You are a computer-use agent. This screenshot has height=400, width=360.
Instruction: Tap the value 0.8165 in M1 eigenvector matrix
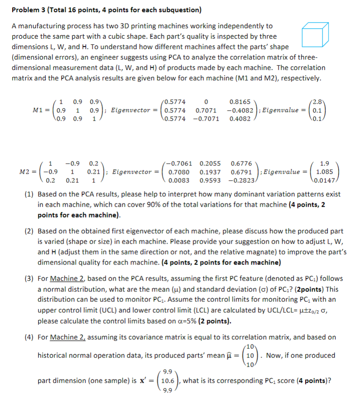[x=240, y=102]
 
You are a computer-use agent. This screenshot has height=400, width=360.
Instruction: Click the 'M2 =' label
[x=29, y=172]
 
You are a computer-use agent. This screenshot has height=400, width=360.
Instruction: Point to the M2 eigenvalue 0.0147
[x=324, y=180]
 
